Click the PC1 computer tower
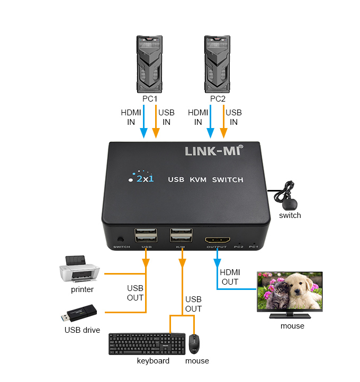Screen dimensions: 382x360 (149, 63)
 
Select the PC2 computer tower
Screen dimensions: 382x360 (217, 63)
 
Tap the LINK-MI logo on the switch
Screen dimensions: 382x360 (212, 151)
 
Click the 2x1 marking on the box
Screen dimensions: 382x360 (143, 178)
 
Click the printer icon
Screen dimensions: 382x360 (79, 269)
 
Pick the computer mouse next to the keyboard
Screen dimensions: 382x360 (195, 344)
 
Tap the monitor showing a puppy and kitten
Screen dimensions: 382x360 (289, 294)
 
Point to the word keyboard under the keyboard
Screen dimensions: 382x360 (153, 361)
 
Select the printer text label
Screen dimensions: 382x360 (82, 289)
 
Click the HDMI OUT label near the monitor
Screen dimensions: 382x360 (230, 277)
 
